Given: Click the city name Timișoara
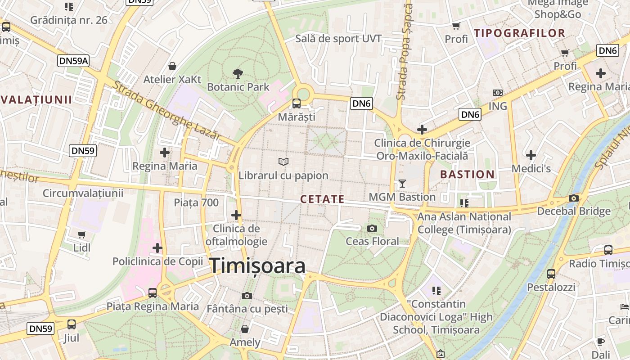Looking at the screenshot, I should click(x=257, y=265).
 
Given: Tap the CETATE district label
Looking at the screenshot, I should click(x=322, y=199).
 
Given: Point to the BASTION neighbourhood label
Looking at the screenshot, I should click(x=467, y=175).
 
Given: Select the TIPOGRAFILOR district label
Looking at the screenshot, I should click(x=519, y=33).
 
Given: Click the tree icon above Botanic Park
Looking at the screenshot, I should click(x=238, y=73).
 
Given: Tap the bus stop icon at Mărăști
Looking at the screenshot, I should click(x=297, y=103).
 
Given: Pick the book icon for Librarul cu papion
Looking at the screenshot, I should click(x=283, y=162).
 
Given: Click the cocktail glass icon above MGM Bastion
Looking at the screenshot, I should click(x=402, y=184).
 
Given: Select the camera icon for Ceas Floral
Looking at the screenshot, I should click(x=372, y=228).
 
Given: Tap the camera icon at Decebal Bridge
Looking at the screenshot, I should click(x=573, y=198).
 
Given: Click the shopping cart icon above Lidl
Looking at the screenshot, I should click(x=81, y=234).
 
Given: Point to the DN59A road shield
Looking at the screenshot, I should click(x=73, y=61).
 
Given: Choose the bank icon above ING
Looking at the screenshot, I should click(x=497, y=93).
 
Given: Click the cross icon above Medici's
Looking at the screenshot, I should click(x=531, y=155).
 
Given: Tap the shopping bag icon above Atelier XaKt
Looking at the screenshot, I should click(x=172, y=67).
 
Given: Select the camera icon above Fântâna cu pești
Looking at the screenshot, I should click(x=247, y=296).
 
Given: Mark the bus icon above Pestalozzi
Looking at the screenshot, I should click(x=551, y=274).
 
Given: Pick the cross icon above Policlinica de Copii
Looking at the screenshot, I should click(x=157, y=248).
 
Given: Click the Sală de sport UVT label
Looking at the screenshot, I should click(x=338, y=39).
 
